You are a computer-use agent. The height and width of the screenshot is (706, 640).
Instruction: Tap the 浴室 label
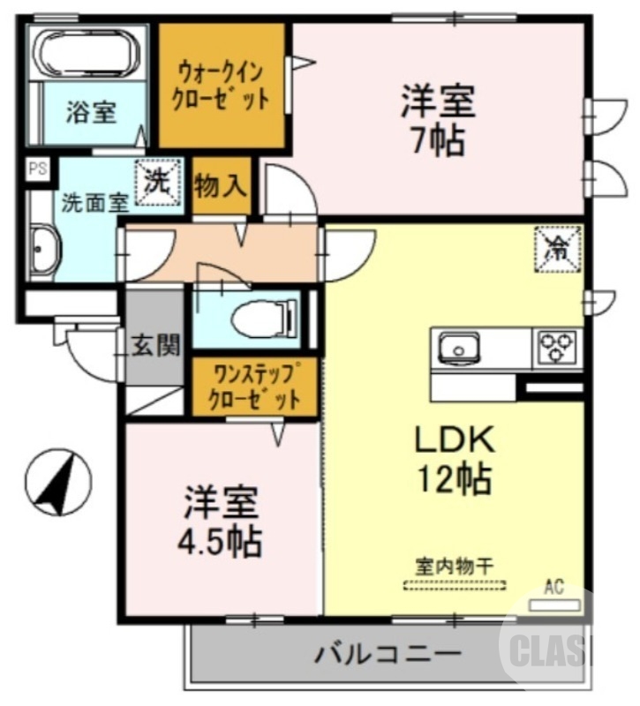click(x=91, y=115)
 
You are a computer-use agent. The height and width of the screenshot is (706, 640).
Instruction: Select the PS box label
click(x=37, y=169)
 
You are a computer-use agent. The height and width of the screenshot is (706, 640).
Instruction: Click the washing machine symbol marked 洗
click(x=158, y=182)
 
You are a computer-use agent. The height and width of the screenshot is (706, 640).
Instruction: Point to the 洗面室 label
click(x=94, y=201)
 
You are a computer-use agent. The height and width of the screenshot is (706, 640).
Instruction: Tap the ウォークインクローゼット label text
click(x=222, y=86)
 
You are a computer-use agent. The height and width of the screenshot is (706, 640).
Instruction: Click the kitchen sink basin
click(x=458, y=348)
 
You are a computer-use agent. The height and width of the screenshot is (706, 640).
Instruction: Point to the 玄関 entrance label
click(x=156, y=345)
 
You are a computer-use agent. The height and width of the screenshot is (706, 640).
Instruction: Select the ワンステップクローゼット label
click(x=254, y=387)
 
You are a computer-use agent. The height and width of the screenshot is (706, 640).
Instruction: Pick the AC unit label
click(x=553, y=587)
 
